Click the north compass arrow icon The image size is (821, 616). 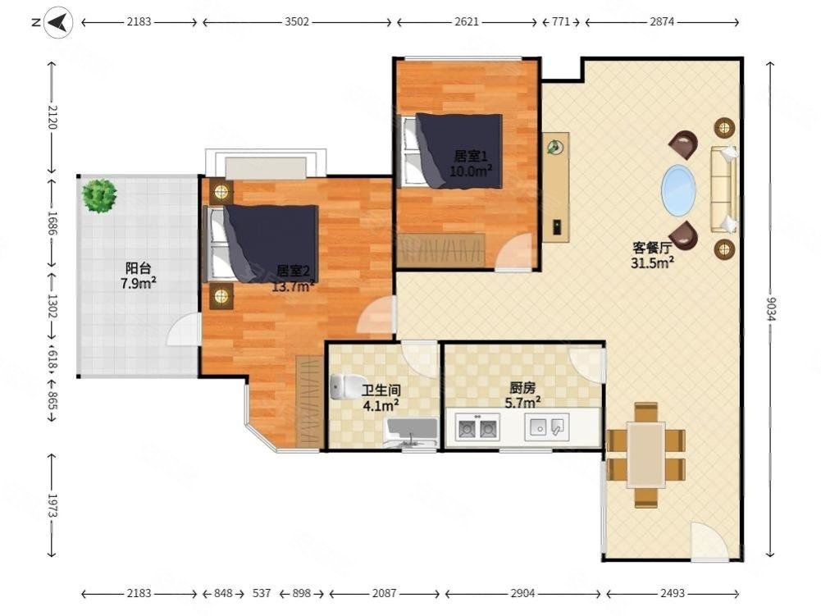tap(58, 22)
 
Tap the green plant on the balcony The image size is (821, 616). tap(99, 196)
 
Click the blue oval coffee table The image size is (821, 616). tap(679, 190)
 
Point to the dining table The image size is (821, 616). tap(646, 455)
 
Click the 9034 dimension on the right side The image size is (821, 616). tap(770, 309)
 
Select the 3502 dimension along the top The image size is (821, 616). tap(296, 22)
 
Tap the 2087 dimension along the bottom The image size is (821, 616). tap(384, 593)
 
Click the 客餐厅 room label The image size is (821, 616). tap(652, 248)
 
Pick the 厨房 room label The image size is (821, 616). tap(522, 388)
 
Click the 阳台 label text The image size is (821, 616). tap(139, 269)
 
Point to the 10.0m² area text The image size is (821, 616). tap(471, 171)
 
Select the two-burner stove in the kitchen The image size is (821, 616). tap(477, 427)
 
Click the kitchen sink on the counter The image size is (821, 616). tap(546, 427)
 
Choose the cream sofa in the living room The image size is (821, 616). tap(723, 189)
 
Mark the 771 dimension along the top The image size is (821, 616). tap(561, 22)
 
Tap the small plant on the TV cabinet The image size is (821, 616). tap(554, 148)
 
